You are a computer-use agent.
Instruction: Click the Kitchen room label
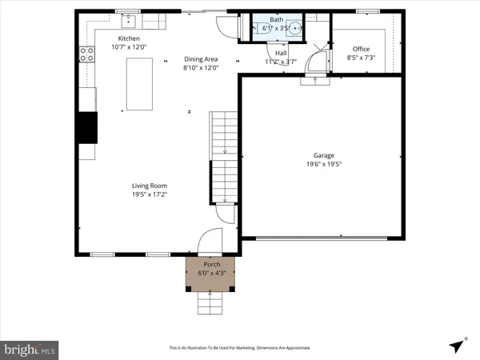(130, 38)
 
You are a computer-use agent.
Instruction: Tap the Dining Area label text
(201, 58)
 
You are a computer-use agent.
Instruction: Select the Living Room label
(150, 186)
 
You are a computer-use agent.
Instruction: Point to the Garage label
(323, 155)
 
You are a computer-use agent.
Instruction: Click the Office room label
(362, 49)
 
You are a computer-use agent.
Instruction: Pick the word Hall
(281, 53)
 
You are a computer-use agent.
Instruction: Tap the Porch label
(211, 263)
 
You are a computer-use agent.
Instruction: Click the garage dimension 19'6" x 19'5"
(323, 164)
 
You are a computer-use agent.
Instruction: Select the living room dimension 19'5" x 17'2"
(150, 194)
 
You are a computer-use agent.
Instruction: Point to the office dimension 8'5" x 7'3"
(362, 58)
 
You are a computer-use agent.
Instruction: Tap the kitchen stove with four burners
(85, 54)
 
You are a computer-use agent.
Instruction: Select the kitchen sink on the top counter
(128, 21)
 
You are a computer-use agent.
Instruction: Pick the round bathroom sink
(296, 29)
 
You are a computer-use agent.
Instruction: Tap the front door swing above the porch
(210, 241)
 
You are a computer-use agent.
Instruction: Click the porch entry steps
(210, 303)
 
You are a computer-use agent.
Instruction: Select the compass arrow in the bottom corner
(456, 346)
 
